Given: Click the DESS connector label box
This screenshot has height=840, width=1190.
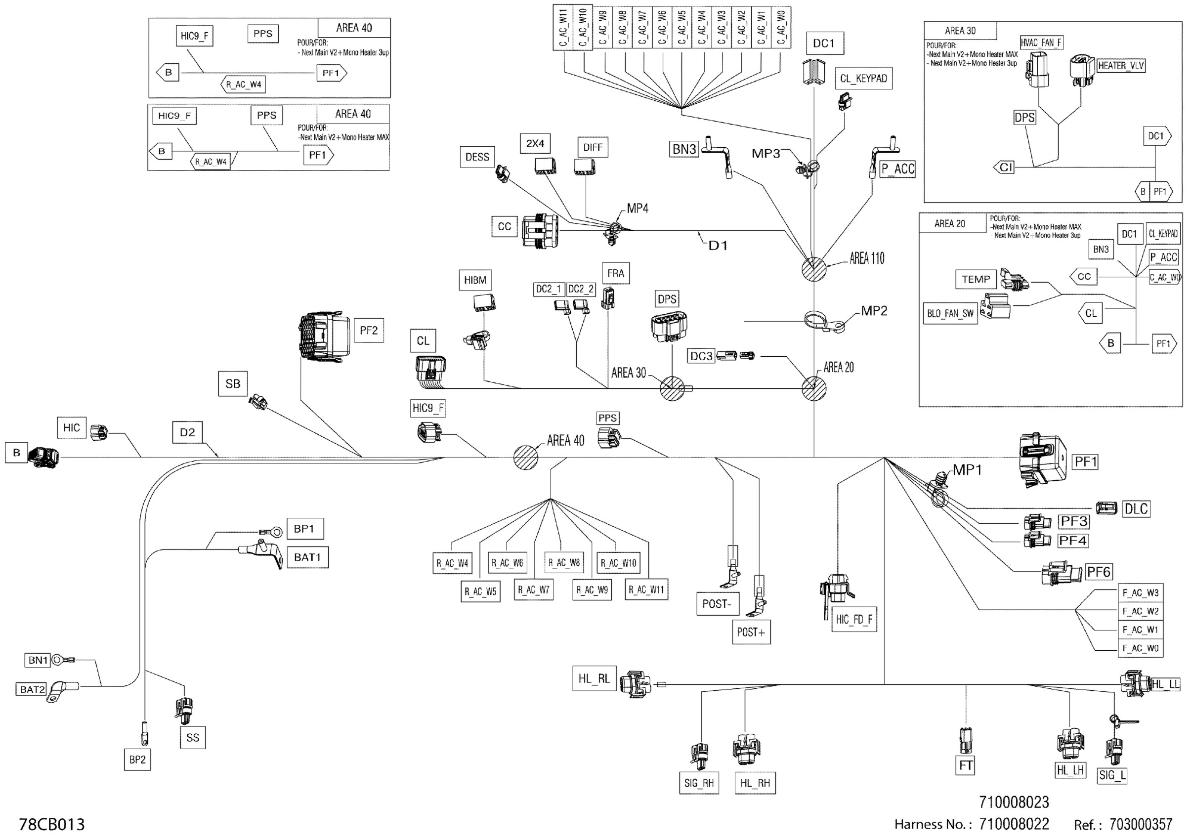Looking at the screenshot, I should pyautogui.click(x=477, y=157).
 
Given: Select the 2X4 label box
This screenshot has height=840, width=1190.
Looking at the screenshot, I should pyautogui.click(x=535, y=143).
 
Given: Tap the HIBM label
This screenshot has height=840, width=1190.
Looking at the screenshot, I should pyautogui.click(x=475, y=280).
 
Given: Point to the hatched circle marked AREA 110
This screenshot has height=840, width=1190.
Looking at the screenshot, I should pyautogui.click(x=814, y=269).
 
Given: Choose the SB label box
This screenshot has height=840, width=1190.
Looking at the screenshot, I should pyautogui.click(x=233, y=384).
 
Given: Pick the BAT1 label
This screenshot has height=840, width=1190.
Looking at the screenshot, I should pyautogui.click(x=307, y=557).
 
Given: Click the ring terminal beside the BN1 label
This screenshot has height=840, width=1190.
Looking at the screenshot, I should pyautogui.click(x=58, y=660).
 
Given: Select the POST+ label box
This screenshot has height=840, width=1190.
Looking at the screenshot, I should pyautogui.click(x=751, y=632).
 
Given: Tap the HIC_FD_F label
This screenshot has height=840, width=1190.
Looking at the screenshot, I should pyautogui.click(x=854, y=619).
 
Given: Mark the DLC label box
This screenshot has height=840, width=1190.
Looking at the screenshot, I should pyautogui.click(x=1136, y=509).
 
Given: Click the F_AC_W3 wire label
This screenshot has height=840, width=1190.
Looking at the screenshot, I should pyautogui.click(x=1140, y=593).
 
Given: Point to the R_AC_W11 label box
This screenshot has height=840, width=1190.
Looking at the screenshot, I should pyautogui.click(x=646, y=589).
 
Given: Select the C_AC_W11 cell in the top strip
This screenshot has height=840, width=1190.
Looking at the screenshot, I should pyautogui.click(x=563, y=28).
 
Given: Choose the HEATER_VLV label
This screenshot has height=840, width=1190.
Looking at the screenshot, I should pyautogui.click(x=1120, y=66).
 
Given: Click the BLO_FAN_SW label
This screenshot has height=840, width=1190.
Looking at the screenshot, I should pyautogui.click(x=950, y=313).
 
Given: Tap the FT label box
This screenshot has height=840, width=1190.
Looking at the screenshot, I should pyautogui.click(x=965, y=765).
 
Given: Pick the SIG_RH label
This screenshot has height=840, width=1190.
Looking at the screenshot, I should pyautogui.click(x=699, y=783).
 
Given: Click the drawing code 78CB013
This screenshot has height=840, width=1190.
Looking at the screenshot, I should pyautogui.click(x=52, y=824).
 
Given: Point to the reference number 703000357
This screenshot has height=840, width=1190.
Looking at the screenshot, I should pyautogui.click(x=1140, y=824).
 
